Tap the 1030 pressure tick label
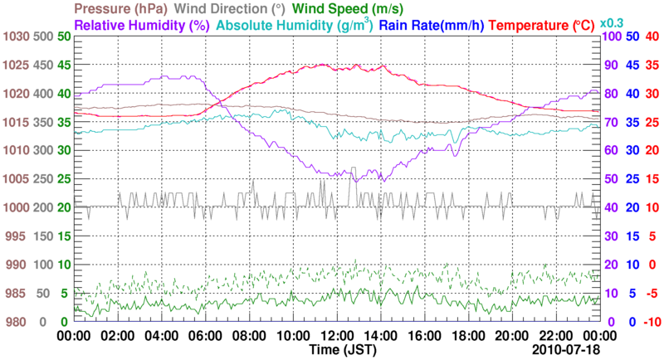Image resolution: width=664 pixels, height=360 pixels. click(x=16, y=36)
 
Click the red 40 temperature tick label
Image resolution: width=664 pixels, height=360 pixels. click(x=652, y=36)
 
